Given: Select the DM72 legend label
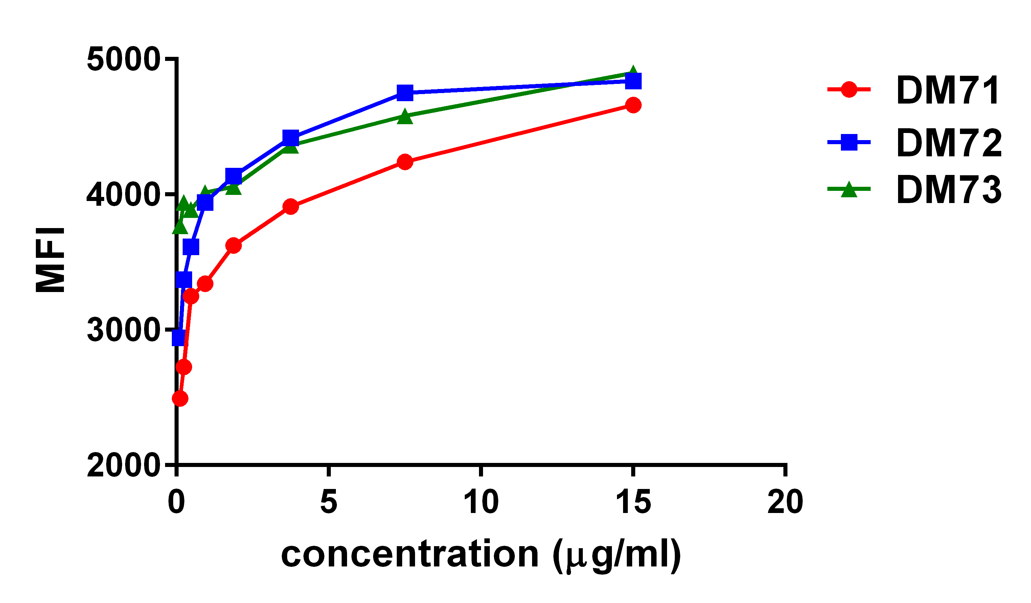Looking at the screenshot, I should [x=949, y=143].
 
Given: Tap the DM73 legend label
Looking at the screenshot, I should [x=949, y=189].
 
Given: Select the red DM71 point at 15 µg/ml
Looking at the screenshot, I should [x=633, y=105].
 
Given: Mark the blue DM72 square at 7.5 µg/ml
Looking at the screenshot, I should [x=405, y=93].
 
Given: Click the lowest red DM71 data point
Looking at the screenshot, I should [x=180, y=398].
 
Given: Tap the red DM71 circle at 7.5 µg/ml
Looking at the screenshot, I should [x=405, y=162].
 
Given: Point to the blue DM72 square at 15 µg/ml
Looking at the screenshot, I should [x=633, y=81].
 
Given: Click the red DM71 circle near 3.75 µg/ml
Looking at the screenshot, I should [x=291, y=207].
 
